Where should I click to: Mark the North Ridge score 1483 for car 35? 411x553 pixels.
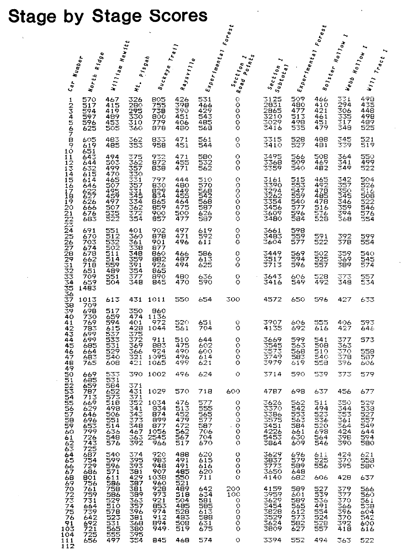coord(87,289)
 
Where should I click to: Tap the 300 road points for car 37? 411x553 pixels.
coord(232,300)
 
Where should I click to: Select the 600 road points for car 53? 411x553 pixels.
coord(232,391)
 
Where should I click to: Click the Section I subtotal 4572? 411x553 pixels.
coord(273,300)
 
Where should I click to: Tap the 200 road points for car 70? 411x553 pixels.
coord(232,489)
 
